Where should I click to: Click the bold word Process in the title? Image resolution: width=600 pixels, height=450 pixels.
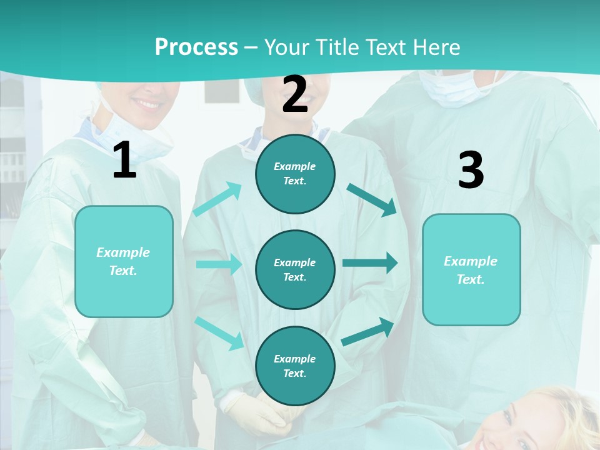[x=196, y=47]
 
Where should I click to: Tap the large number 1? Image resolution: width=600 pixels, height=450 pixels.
[x=124, y=160]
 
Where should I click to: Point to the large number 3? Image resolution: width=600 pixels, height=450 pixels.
[x=471, y=170]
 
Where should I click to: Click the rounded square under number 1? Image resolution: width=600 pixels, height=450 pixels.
[x=124, y=261]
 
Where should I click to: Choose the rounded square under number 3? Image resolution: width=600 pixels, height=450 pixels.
[x=471, y=269]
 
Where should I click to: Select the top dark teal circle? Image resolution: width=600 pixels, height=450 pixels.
[x=295, y=174]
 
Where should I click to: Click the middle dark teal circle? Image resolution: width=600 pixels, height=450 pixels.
[x=295, y=269]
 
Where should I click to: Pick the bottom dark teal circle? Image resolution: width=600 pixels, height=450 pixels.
[x=295, y=366]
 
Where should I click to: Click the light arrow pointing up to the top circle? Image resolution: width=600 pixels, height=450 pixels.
[x=217, y=199]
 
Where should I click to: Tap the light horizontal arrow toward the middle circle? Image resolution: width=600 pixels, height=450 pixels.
[x=219, y=264]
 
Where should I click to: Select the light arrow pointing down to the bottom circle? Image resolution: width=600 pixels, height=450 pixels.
[x=219, y=332]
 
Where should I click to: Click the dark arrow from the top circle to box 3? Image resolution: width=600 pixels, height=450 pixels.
[x=372, y=199]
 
